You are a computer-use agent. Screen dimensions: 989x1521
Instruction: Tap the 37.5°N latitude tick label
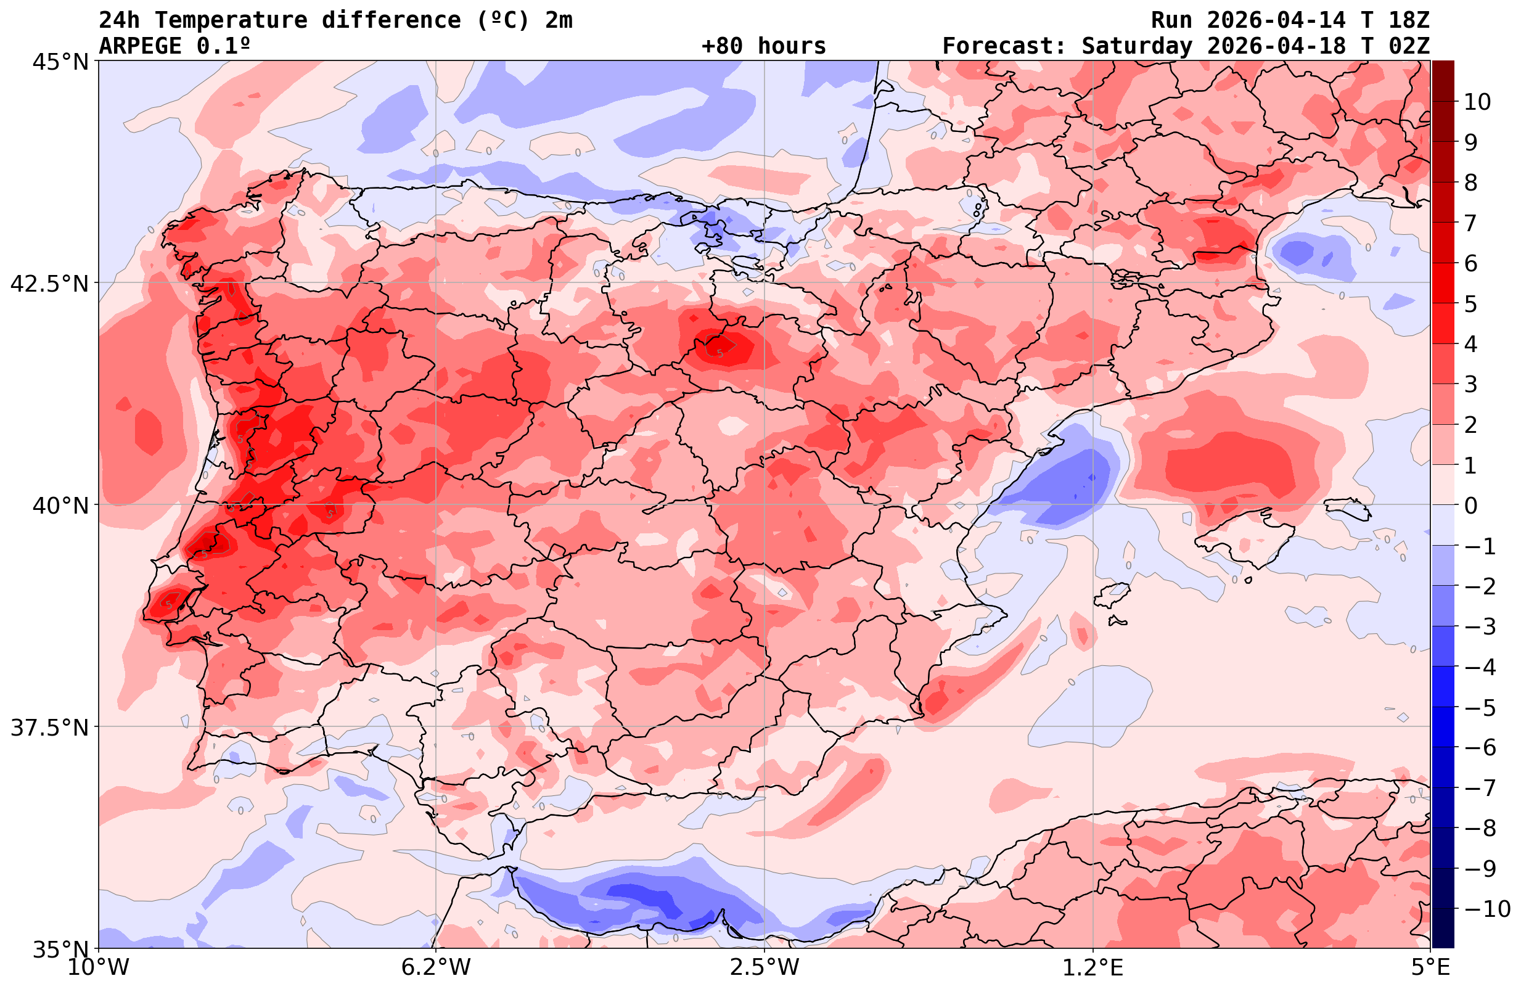coord(49,728)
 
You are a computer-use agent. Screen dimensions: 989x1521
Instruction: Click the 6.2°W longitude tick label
coord(435,967)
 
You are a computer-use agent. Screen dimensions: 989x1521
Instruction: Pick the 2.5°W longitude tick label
coord(765,967)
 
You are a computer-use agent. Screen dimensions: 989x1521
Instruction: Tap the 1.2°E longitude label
coord(1093,967)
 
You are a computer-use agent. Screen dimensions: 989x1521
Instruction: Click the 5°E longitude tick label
coord(1429,967)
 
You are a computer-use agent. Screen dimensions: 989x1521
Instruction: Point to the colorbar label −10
coord(1486,908)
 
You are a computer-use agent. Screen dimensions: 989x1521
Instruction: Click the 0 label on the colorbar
coord(1470,506)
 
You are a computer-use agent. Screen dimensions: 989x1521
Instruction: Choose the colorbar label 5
coord(1470,304)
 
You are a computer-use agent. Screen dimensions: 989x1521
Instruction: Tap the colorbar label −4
coord(1479,667)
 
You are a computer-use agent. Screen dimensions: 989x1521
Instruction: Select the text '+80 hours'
coord(764,46)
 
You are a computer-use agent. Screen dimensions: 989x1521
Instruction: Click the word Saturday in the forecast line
coord(1137,46)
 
